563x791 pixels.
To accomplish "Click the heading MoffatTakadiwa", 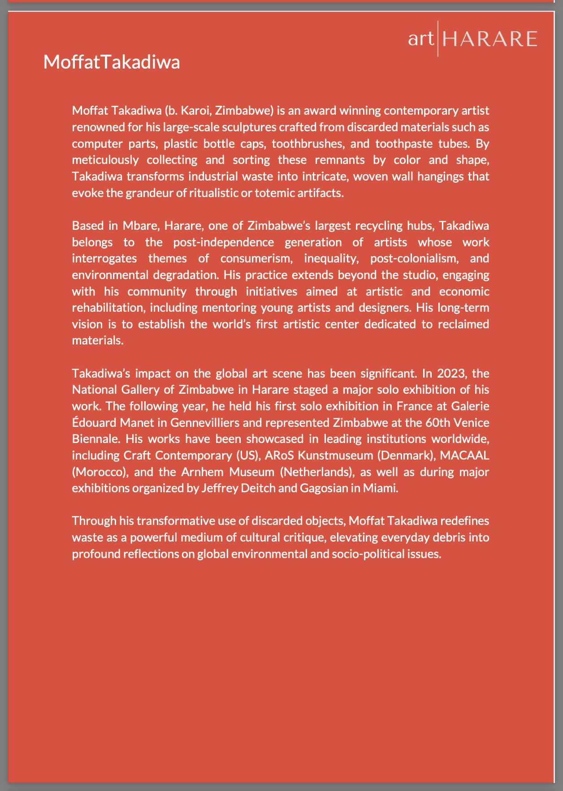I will click(112, 62).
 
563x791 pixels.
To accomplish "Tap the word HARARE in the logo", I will click(489, 39).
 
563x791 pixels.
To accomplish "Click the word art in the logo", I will click(421, 39).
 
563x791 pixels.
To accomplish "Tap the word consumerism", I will click(255, 258).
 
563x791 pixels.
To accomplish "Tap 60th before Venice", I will click(440, 422).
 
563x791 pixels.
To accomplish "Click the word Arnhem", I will click(202, 472).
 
